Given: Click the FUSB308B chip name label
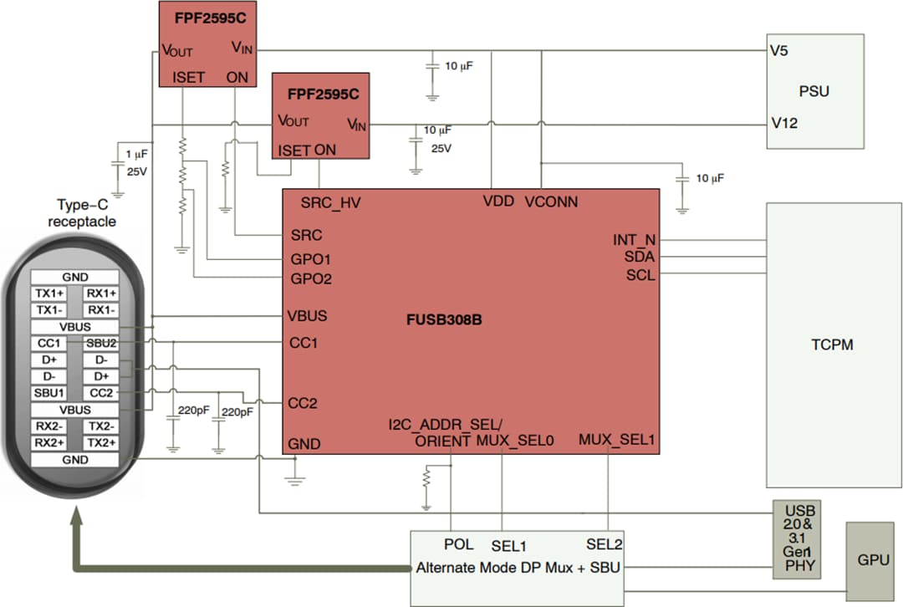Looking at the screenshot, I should tap(444, 320).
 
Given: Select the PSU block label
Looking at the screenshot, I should tap(814, 90).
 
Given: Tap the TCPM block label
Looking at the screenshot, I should tap(832, 344).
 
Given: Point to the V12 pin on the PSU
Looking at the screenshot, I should tap(783, 124).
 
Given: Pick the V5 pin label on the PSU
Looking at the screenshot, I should tap(779, 50).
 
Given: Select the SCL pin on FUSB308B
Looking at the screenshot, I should tap(640, 275).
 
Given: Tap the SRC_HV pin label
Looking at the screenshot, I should tap(330, 202).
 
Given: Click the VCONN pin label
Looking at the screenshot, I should tap(551, 202).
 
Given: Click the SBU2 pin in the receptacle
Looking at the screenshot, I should tap(101, 344).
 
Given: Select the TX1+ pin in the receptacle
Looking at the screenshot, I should tap(48, 293).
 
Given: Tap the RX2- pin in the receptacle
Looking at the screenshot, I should tap(48, 426).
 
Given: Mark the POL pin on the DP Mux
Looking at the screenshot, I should tap(459, 544).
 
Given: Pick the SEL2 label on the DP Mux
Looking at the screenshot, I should tap(604, 544).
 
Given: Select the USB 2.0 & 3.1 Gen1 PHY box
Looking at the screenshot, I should tap(794, 540).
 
